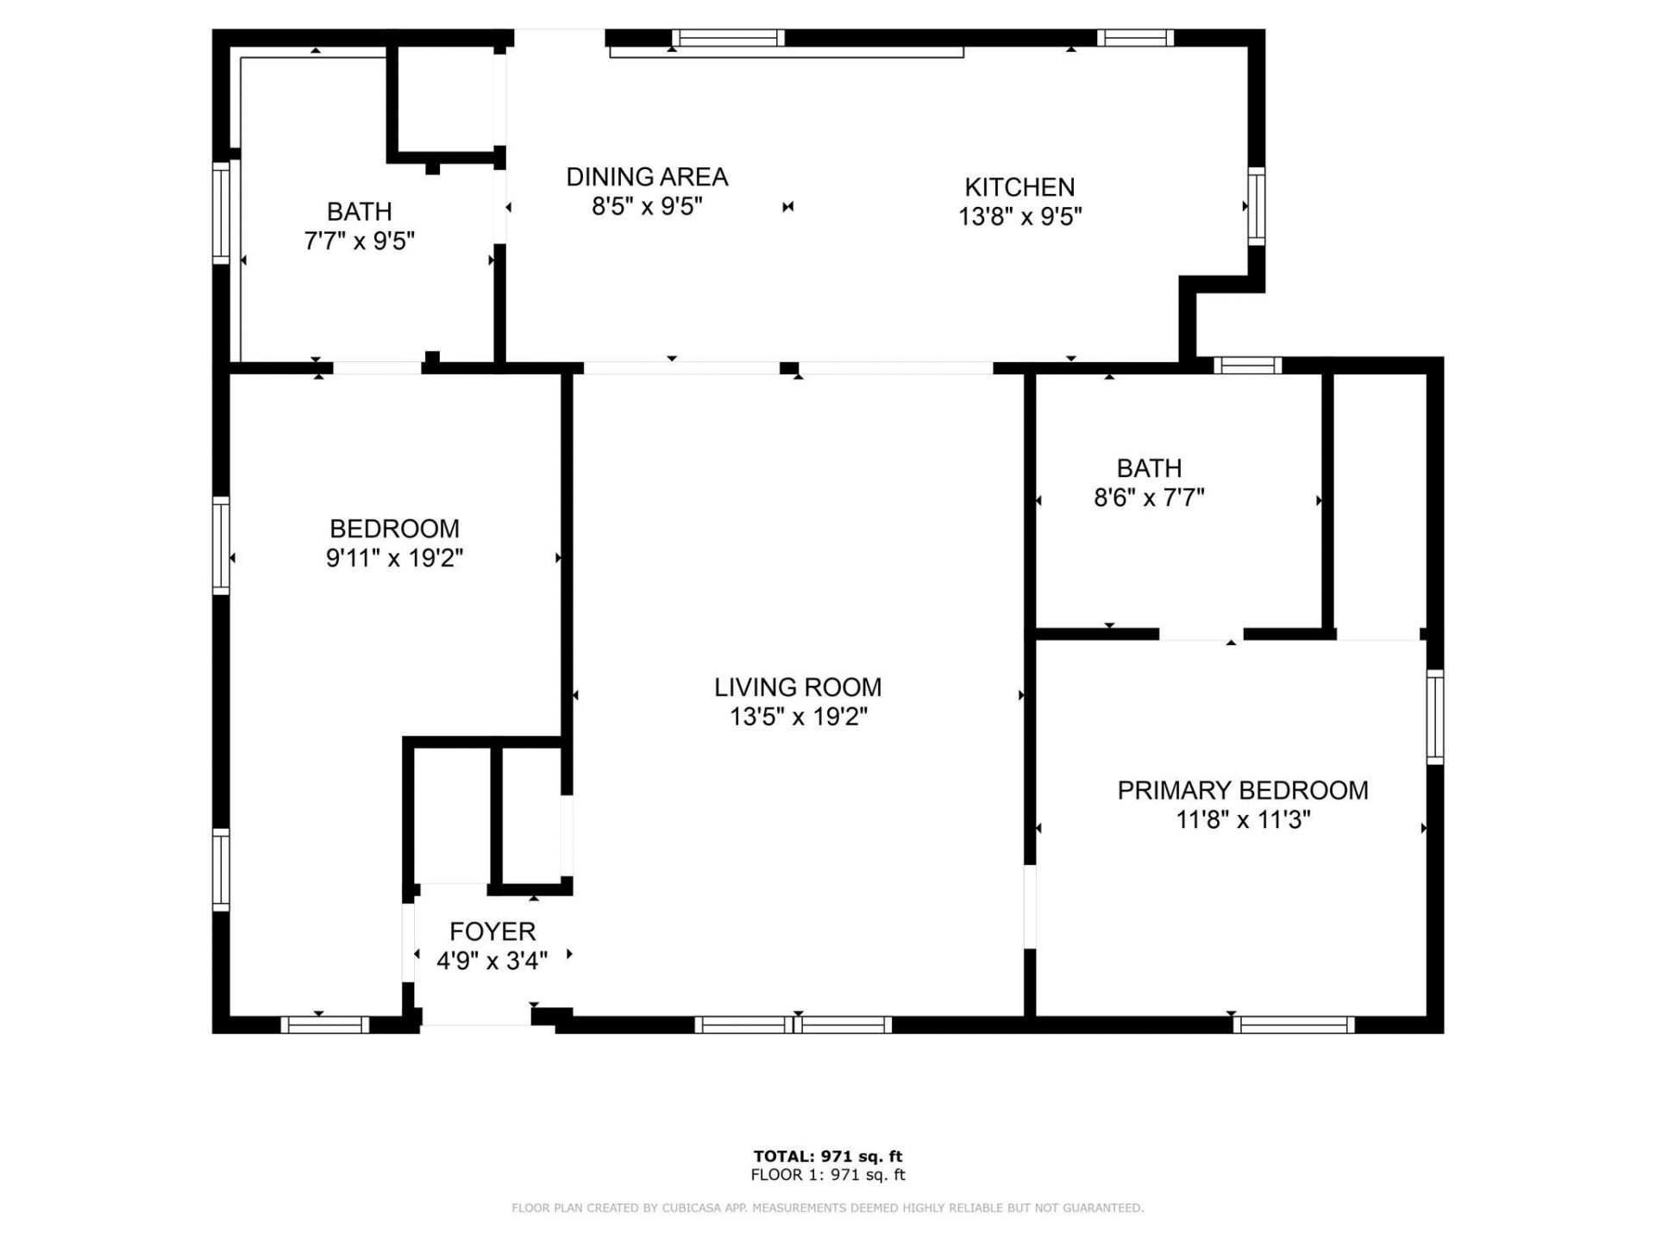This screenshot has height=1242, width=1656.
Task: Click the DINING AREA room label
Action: pyautogui.click(x=647, y=177)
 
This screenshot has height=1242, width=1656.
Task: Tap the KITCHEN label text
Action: pyautogui.click(x=1019, y=187)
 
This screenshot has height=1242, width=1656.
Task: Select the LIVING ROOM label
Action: pyautogui.click(x=798, y=687)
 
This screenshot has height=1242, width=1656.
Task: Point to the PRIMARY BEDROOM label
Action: pyautogui.click(x=1243, y=790)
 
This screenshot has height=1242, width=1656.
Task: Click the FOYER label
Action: pyautogui.click(x=492, y=931)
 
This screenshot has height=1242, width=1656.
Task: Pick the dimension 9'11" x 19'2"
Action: pyautogui.click(x=394, y=558)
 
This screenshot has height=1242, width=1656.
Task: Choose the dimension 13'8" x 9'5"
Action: pyautogui.click(x=1019, y=216)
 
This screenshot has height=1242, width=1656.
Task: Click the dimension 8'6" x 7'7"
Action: pyautogui.click(x=1149, y=498)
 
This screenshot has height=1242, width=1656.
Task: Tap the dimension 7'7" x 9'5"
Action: pyautogui.click(x=359, y=241)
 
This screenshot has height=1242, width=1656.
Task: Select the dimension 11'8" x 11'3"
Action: pyautogui.click(x=1243, y=819)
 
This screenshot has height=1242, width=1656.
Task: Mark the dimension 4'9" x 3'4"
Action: pyautogui.click(x=492, y=961)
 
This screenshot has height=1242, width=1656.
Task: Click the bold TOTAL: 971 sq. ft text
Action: pyautogui.click(x=828, y=1157)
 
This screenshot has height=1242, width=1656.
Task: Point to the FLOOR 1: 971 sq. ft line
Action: pyautogui.click(x=828, y=1175)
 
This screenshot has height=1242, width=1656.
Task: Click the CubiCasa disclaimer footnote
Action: pyautogui.click(x=828, y=1208)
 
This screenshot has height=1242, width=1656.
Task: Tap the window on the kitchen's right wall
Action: pyautogui.click(x=1257, y=206)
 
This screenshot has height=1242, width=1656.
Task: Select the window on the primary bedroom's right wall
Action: pyautogui.click(x=1434, y=717)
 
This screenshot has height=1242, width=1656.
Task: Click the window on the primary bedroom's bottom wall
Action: pyautogui.click(x=1294, y=1025)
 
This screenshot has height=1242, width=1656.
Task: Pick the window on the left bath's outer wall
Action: pyautogui.click(x=222, y=212)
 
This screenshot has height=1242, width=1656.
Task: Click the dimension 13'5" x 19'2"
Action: pyautogui.click(x=798, y=717)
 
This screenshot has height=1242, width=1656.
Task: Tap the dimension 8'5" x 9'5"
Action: pyautogui.click(x=647, y=206)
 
